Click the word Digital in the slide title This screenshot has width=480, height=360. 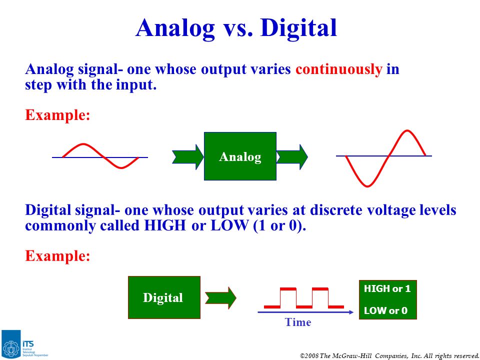click(x=298, y=28)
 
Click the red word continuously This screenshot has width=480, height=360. click(x=339, y=69)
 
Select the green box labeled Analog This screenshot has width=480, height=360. click(x=240, y=156)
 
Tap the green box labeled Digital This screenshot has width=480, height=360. click(x=164, y=297)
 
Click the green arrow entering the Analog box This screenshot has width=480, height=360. click(x=187, y=156)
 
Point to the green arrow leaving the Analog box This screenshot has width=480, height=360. click(x=291, y=156)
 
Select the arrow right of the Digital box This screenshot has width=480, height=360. click(x=220, y=298)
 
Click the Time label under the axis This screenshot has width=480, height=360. click(x=298, y=322)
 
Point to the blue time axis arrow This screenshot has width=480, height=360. click(x=305, y=312)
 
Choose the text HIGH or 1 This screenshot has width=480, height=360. click(x=387, y=288)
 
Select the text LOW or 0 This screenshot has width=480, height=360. click(x=385, y=310)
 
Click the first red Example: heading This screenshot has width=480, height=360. click(x=57, y=115)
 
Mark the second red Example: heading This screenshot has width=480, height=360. click(x=57, y=255)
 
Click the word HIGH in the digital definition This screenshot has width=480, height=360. click(x=164, y=225)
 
